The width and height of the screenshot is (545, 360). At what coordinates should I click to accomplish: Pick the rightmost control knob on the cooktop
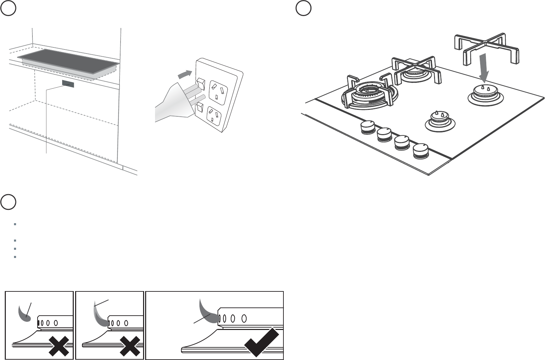420,150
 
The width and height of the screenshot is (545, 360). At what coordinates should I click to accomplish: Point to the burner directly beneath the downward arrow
486,94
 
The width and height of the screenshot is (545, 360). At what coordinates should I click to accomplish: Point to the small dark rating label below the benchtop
68,84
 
